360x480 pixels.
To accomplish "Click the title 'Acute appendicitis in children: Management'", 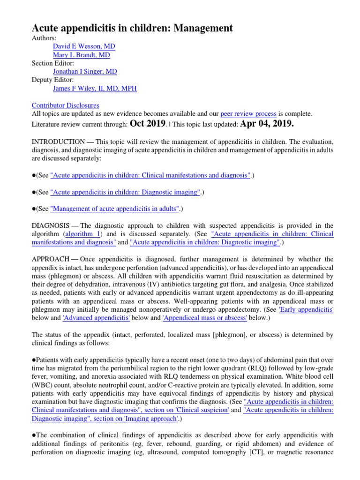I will point(132,28).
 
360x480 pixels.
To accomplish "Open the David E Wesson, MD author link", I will point(84,46).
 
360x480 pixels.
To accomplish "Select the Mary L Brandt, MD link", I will point(82,55).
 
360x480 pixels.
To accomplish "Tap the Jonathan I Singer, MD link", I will point(85,72).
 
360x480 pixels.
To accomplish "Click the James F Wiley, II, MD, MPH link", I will point(95,89).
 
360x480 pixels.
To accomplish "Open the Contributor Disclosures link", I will point(65,105).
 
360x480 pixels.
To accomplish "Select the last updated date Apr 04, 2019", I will point(267,123).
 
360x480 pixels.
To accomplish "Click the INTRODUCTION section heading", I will point(59,141).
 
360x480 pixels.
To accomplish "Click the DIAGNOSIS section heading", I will point(51,225).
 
